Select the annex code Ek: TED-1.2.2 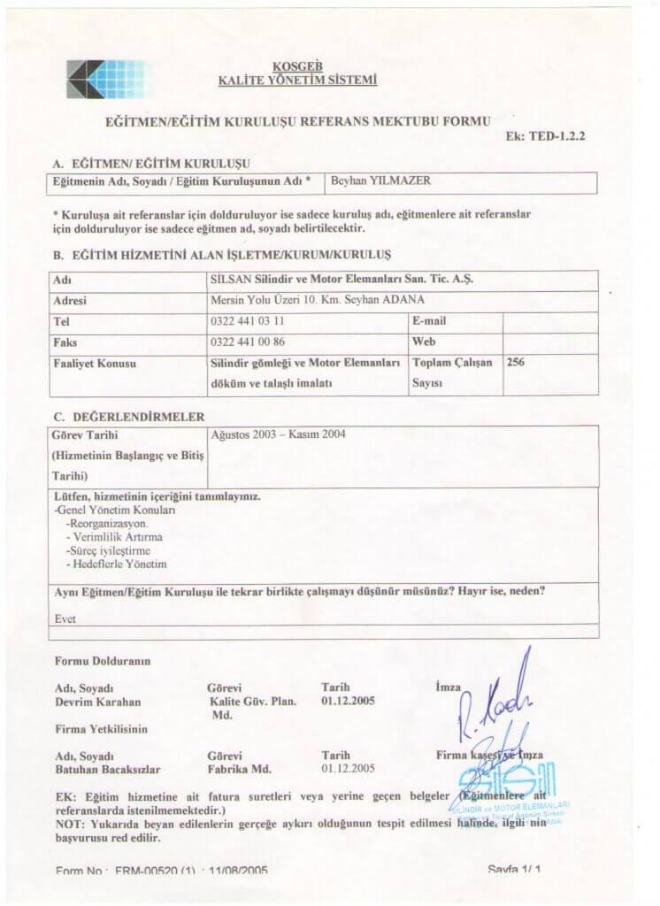point(546,138)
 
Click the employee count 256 point(517,362)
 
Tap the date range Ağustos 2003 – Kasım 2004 point(279,434)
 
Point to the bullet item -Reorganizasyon point(112,523)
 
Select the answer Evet point(65,619)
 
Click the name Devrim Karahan point(97,702)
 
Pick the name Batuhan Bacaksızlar point(107,770)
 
